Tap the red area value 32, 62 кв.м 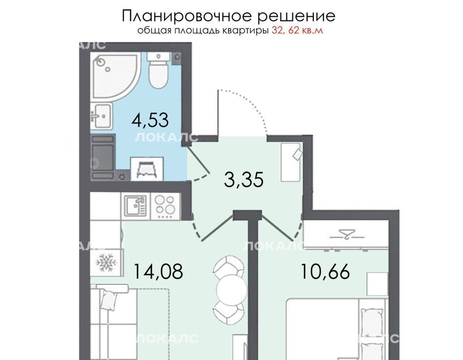click(x=297, y=30)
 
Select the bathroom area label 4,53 click(x=150, y=120)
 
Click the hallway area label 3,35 click(x=244, y=179)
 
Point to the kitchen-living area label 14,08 click(x=158, y=271)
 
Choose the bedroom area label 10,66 click(x=325, y=271)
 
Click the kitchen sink click(x=135, y=206)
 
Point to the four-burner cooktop click(x=164, y=206)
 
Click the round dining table click(x=231, y=289)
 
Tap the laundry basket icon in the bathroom click(x=147, y=169)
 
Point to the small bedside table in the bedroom click(x=377, y=284)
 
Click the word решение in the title click(x=297, y=17)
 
